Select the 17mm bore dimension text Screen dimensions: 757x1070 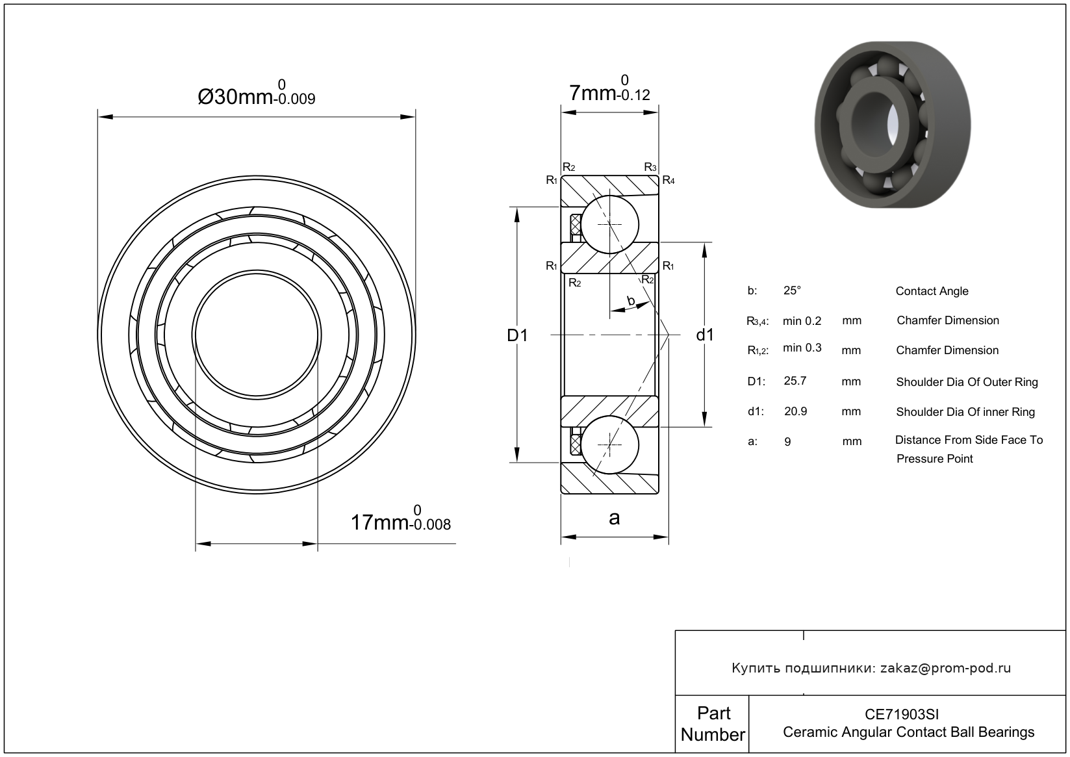point(400,522)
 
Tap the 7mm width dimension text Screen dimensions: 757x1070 point(609,92)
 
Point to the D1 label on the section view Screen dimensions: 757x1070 point(517,335)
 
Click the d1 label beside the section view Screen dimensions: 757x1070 point(705,335)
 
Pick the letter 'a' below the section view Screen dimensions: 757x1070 point(614,518)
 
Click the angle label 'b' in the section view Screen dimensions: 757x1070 point(630,300)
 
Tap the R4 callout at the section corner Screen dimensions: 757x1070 point(668,181)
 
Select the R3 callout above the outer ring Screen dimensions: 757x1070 point(650,168)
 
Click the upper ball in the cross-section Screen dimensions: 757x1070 point(609,224)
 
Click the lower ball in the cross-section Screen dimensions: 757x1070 point(609,444)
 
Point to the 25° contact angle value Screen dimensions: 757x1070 point(792,290)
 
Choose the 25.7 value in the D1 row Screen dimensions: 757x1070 point(795,381)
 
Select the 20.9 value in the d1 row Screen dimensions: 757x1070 point(795,411)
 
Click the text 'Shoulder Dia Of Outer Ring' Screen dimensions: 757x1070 point(967,382)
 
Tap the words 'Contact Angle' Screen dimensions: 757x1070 point(932,291)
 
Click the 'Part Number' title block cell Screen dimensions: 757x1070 point(713,724)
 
